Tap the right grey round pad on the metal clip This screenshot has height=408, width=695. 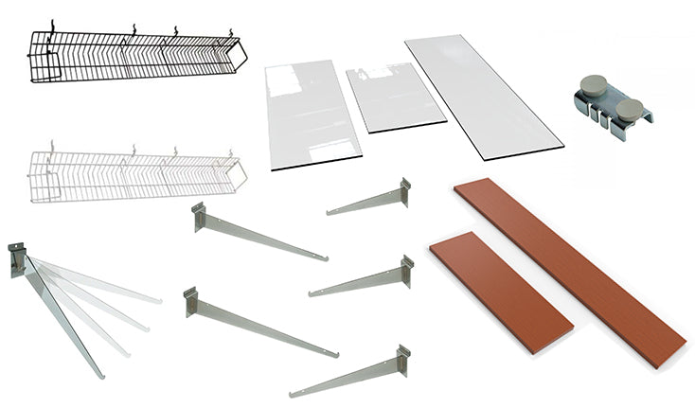tap(629, 109)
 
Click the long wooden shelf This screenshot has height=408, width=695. tap(568, 256)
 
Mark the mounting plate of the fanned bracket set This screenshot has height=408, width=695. tap(16, 258)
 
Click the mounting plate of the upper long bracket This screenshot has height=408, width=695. tap(199, 217)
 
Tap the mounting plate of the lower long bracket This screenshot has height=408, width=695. tap(190, 301)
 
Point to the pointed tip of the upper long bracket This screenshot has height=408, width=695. tap(325, 257)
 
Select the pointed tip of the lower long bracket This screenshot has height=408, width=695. tap(335, 356)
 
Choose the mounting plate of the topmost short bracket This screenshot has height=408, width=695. tap(405, 192)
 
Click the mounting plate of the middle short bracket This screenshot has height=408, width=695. tap(407, 270)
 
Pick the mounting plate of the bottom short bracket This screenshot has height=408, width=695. tap(403, 361)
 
